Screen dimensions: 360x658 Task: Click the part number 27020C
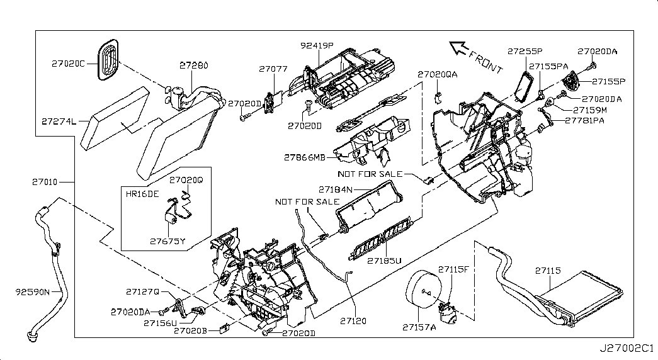pyautogui.click(x=68, y=64)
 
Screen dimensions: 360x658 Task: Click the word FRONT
pyautogui.click(x=487, y=60)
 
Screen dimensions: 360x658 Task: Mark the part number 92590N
pyautogui.click(x=33, y=291)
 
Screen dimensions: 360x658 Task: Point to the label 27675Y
pyautogui.click(x=168, y=240)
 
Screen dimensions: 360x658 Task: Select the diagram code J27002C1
pyautogui.click(x=627, y=348)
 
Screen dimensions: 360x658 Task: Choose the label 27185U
pyautogui.click(x=385, y=259)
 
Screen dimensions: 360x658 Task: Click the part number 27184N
pyautogui.click(x=335, y=189)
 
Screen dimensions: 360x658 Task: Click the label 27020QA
pyautogui.click(x=438, y=74)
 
